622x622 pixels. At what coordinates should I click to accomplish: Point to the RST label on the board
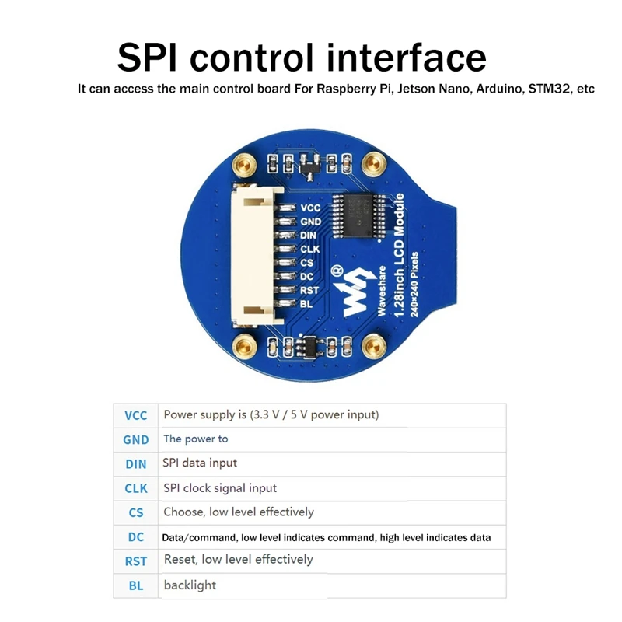tap(309, 290)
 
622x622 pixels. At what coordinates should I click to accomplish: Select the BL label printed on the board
tap(306, 303)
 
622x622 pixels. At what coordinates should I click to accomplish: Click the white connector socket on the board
tap(253, 257)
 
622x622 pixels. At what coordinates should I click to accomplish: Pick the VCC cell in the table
tap(135, 415)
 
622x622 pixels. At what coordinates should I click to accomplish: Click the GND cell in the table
tap(135, 439)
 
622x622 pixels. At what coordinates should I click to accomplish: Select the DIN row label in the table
tap(135, 464)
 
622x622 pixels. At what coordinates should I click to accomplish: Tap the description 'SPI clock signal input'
tap(220, 488)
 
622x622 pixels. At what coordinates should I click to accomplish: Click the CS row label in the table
tap(135, 513)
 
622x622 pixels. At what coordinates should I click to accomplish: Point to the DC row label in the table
tap(135, 536)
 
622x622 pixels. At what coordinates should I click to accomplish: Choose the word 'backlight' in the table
tap(190, 585)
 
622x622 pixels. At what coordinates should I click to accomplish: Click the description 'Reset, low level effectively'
tap(239, 560)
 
